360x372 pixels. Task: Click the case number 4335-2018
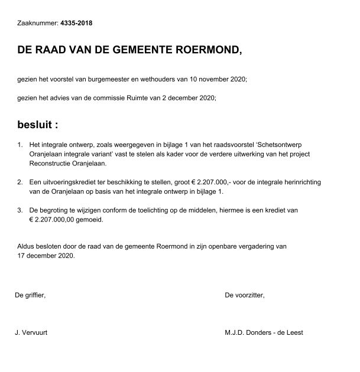(77, 24)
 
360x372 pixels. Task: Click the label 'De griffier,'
(30, 295)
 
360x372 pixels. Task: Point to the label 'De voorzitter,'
(245, 295)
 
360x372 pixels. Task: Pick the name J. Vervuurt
(31, 332)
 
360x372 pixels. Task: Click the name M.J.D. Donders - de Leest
(264, 332)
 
